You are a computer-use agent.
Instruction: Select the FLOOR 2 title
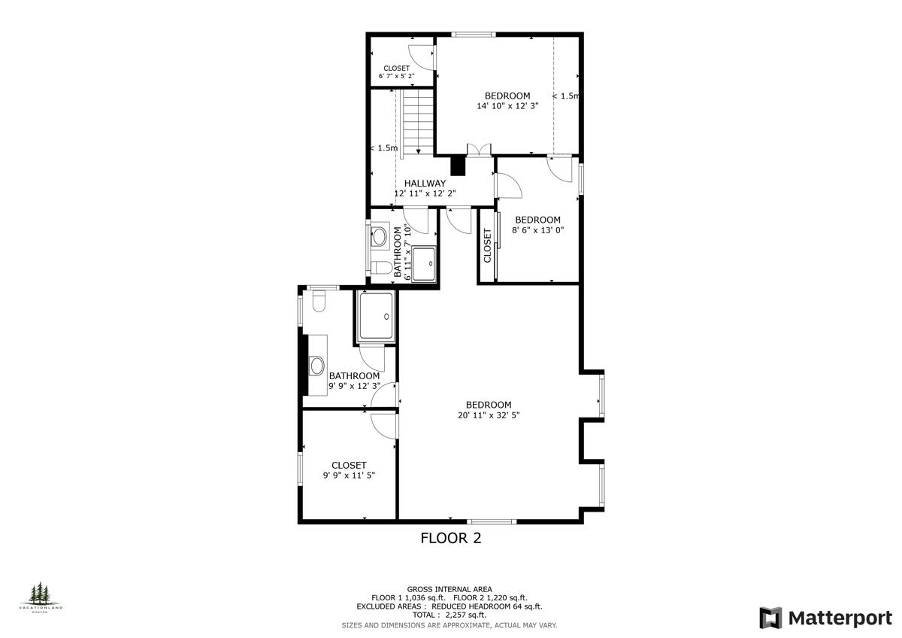coord(450,538)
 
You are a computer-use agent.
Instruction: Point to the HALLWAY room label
coord(425,183)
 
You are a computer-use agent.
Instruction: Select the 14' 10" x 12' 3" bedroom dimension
coord(507,106)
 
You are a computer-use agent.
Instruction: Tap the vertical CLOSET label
coord(487,246)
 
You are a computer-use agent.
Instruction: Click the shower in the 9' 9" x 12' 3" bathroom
coord(375,315)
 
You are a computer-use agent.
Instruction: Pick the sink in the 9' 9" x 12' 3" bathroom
coord(317,366)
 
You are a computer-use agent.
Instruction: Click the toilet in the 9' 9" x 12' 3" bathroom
coord(318,302)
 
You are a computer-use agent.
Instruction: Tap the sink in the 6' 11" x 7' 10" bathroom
coord(380,236)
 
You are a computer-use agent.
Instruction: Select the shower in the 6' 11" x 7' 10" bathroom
coord(424,263)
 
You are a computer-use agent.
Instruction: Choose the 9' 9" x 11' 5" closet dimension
coord(349,475)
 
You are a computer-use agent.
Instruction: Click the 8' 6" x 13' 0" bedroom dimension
coord(537,230)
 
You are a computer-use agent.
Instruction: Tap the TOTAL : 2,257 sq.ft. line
coord(449,615)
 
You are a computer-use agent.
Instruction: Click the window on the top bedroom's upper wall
coord(473,34)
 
